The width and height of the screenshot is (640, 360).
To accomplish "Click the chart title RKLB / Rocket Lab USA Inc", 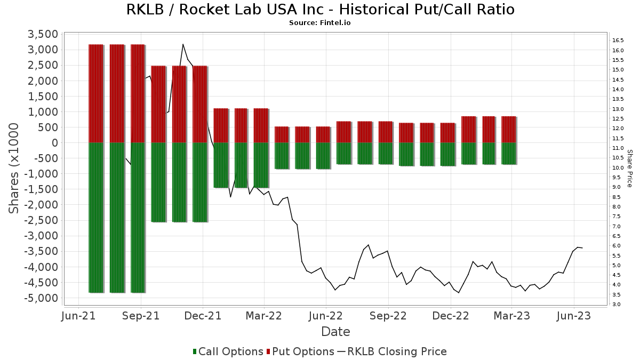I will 320,10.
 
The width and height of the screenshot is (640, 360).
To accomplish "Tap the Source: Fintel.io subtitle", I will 320,23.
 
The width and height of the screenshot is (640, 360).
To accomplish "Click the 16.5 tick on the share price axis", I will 618,41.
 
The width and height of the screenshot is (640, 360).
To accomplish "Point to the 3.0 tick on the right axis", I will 617,305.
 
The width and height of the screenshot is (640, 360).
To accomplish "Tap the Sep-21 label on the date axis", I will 141,316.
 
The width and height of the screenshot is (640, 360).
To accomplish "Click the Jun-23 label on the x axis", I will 573,316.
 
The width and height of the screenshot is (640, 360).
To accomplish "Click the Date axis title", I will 335,332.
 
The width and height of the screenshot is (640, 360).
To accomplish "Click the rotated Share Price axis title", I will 629,168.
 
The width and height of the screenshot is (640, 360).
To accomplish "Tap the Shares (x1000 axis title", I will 14,168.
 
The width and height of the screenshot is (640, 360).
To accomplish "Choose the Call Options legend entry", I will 228,351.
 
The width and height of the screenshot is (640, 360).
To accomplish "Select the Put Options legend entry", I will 301,351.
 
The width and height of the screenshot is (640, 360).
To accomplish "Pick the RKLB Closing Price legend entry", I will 392,351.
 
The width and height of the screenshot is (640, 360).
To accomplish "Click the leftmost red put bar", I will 95,93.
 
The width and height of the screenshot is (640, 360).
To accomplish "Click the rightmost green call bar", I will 509,154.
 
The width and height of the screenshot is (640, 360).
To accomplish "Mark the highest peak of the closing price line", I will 183,44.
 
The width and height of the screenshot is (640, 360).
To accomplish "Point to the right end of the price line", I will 582,247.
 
